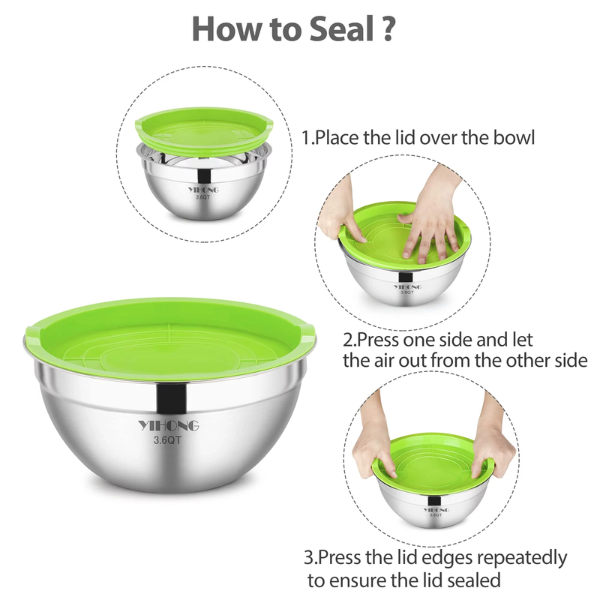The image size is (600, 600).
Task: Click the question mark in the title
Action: point(386,28)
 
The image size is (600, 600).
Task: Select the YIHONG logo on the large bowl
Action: point(169,426)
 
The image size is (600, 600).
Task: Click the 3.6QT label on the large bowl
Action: point(169,441)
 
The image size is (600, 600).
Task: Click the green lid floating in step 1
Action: point(202,124)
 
